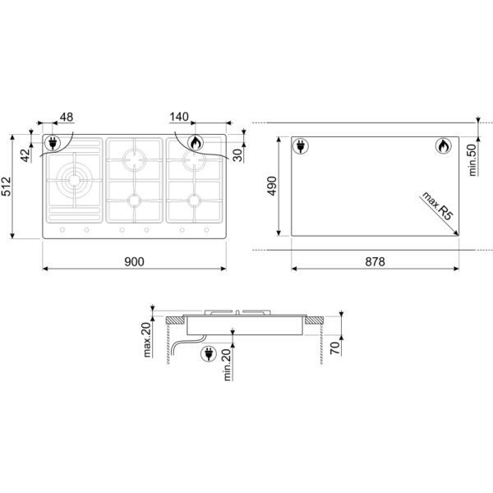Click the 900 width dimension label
tap(134, 261)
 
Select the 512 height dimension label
tap(7, 187)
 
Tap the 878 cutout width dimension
tap(375, 261)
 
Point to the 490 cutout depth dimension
tap(272, 186)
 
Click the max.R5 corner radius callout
tap(437, 205)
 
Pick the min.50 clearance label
tap(472, 159)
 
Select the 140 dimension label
tap(179, 117)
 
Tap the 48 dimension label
tap(67, 117)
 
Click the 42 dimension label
tap(26, 155)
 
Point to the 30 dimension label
tap(238, 155)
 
